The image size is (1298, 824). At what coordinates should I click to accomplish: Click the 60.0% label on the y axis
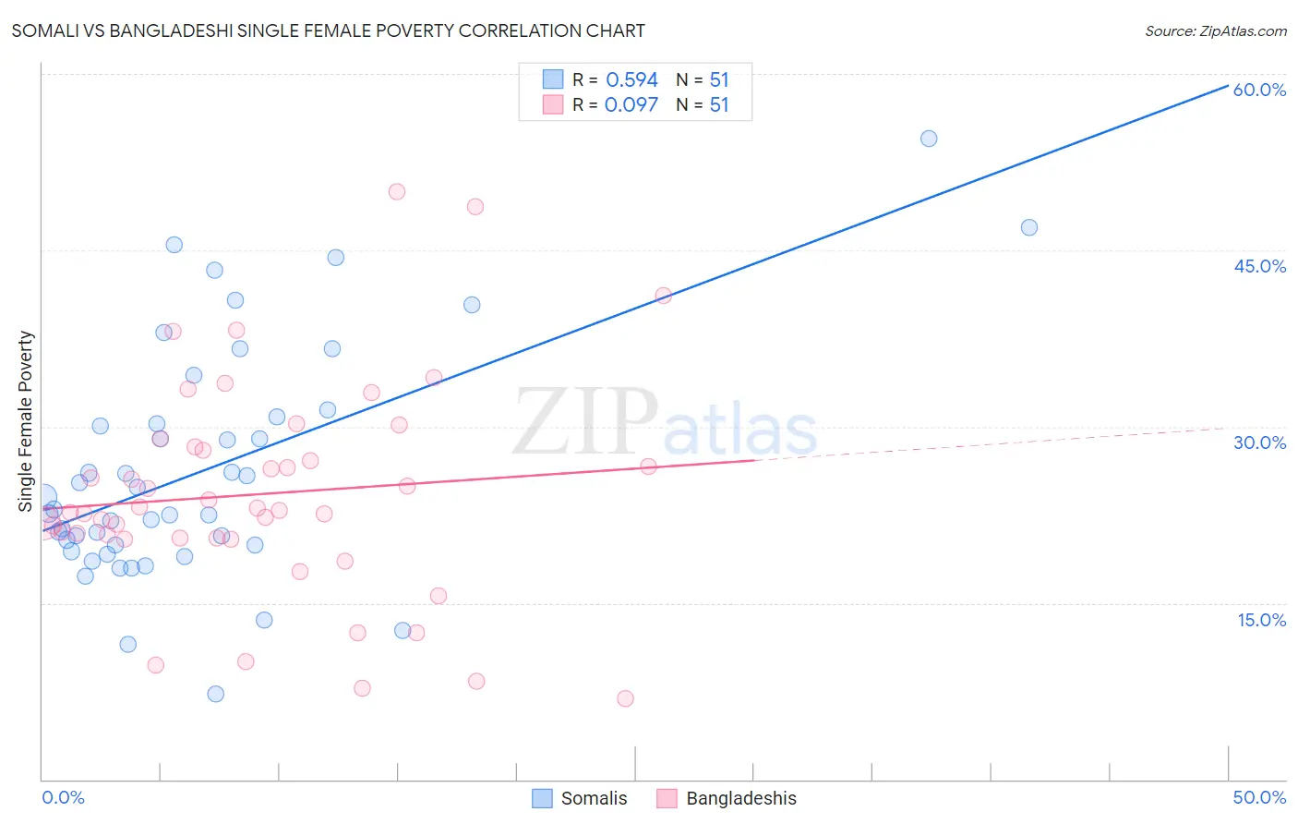(x=1259, y=90)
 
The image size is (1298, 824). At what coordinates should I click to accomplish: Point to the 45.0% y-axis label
(x=1259, y=266)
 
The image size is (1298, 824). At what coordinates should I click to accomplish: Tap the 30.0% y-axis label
(x=1259, y=442)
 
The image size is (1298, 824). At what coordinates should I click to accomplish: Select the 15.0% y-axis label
(x=1261, y=620)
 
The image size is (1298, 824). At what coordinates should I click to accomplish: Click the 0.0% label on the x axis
(x=63, y=797)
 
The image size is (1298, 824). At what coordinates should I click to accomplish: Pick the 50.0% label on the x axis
(x=1259, y=797)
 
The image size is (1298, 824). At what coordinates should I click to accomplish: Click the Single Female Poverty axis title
(x=26, y=421)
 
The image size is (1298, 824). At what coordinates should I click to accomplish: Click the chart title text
(x=328, y=30)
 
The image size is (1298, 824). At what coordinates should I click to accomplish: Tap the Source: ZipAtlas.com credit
(x=1215, y=30)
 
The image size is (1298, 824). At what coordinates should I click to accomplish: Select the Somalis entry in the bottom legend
(x=594, y=798)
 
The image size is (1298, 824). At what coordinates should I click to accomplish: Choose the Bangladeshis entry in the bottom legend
(x=740, y=798)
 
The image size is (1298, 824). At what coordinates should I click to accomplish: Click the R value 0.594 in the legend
(x=631, y=80)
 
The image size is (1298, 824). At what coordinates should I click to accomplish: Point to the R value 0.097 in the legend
(x=631, y=105)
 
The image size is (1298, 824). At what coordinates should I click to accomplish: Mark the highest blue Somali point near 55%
(x=929, y=139)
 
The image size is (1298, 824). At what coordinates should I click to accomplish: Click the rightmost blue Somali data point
(x=1029, y=227)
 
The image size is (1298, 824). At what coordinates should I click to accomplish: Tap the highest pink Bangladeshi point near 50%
(x=397, y=192)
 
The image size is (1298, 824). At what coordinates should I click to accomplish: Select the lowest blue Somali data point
(x=216, y=694)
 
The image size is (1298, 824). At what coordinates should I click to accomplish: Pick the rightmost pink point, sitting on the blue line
(x=663, y=296)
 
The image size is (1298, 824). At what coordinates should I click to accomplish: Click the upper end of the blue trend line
(x=1227, y=86)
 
